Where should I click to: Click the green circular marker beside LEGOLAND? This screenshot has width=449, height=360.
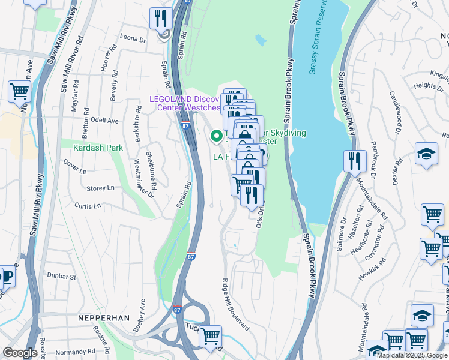[216, 137]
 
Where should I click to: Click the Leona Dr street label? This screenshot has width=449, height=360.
[133, 38]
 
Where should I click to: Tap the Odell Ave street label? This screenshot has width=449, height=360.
[104, 121]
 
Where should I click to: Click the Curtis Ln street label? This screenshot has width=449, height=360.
[88, 205]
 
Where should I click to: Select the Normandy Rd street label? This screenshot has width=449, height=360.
[76, 352]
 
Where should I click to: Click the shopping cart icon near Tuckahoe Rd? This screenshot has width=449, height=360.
[211, 335]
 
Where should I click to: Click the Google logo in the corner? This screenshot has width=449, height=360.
[20, 353]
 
